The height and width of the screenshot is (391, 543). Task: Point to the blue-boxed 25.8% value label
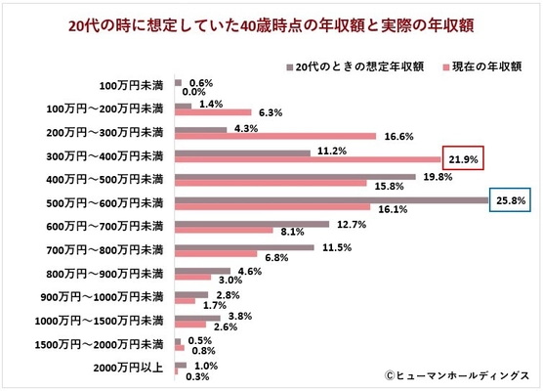(x=512, y=199)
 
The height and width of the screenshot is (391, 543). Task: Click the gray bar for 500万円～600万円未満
(x=331, y=199)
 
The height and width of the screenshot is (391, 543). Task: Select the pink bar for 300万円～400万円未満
(x=309, y=159)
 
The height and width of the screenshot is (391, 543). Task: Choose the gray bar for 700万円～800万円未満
(x=244, y=246)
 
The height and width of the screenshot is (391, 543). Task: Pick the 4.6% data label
(x=251, y=270)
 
